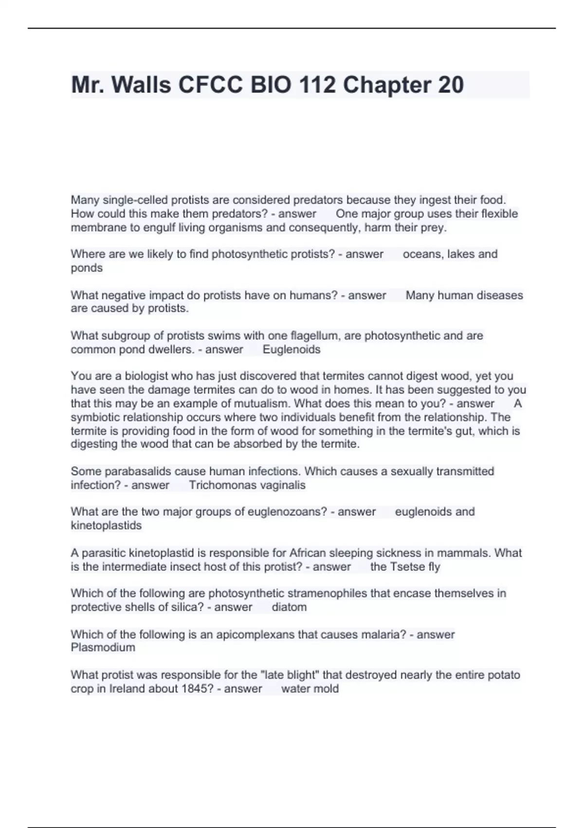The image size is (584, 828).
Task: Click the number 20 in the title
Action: [451, 85]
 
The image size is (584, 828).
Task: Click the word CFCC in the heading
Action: [210, 85]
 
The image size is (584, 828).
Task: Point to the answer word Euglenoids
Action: [292, 350]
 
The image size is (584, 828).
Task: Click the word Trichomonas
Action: [219, 485]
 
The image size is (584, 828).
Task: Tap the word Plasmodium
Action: [103, 648]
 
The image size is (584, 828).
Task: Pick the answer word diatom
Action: [289, 607]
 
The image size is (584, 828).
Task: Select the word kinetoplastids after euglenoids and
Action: [106, 526]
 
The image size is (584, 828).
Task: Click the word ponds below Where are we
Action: [87, 268]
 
